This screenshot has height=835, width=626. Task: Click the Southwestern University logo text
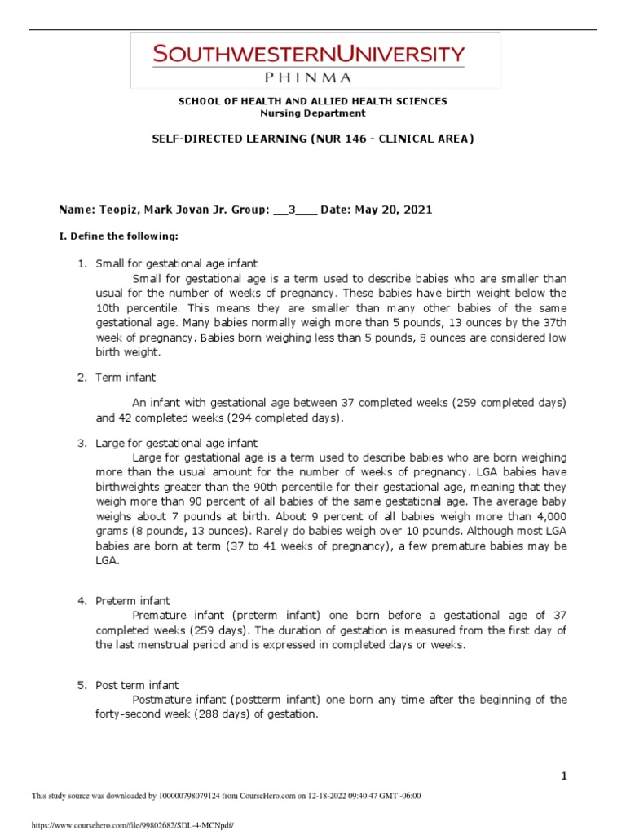coord(308,55)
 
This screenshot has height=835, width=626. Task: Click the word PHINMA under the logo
coord(308,78)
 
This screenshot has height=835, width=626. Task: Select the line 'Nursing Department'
coord(313,113)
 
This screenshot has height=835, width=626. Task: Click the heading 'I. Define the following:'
coord(117,236)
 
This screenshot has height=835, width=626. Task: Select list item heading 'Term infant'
coord(126,378)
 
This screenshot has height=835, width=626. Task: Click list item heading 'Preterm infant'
coord(133,601)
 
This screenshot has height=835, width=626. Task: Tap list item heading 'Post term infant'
coord(137,685)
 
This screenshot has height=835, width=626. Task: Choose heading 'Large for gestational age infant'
coord(176,443)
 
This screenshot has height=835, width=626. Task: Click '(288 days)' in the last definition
coord(217,714)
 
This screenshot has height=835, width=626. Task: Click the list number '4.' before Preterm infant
coord(82,601)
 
